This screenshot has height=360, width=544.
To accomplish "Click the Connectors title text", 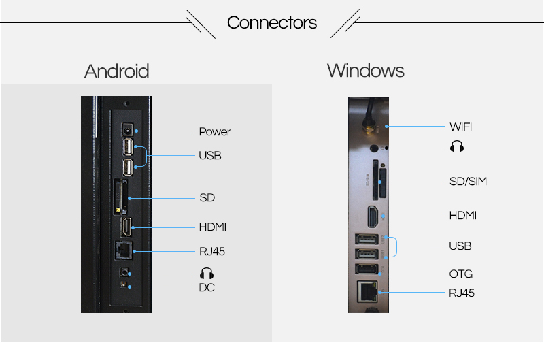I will click(272, 22).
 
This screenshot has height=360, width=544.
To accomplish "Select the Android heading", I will click(116, 71).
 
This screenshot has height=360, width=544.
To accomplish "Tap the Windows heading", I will click(365, 70).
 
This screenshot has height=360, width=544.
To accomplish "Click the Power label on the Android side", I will click(214, 131).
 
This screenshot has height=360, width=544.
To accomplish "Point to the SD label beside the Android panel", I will click(207, 198).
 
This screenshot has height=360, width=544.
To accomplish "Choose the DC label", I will click(207, 288).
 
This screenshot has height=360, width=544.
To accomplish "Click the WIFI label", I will click(460, 127).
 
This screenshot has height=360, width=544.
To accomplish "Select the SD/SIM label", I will click(468, 181).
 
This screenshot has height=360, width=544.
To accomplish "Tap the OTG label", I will click(460, 274).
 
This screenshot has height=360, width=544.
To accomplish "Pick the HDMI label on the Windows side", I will click(462, 215).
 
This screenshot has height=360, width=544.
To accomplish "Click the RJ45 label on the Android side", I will click(212, 251).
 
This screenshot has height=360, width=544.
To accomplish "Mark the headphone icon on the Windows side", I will click(456, 147).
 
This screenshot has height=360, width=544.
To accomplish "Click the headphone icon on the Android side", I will click(207, 273).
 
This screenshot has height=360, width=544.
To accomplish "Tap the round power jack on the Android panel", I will click(126, 130).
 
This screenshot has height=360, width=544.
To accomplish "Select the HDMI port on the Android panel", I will click(126, 227).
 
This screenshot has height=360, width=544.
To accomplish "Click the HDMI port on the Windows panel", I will click(373, 216).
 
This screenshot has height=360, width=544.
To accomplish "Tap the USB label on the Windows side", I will click(460, 246).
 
